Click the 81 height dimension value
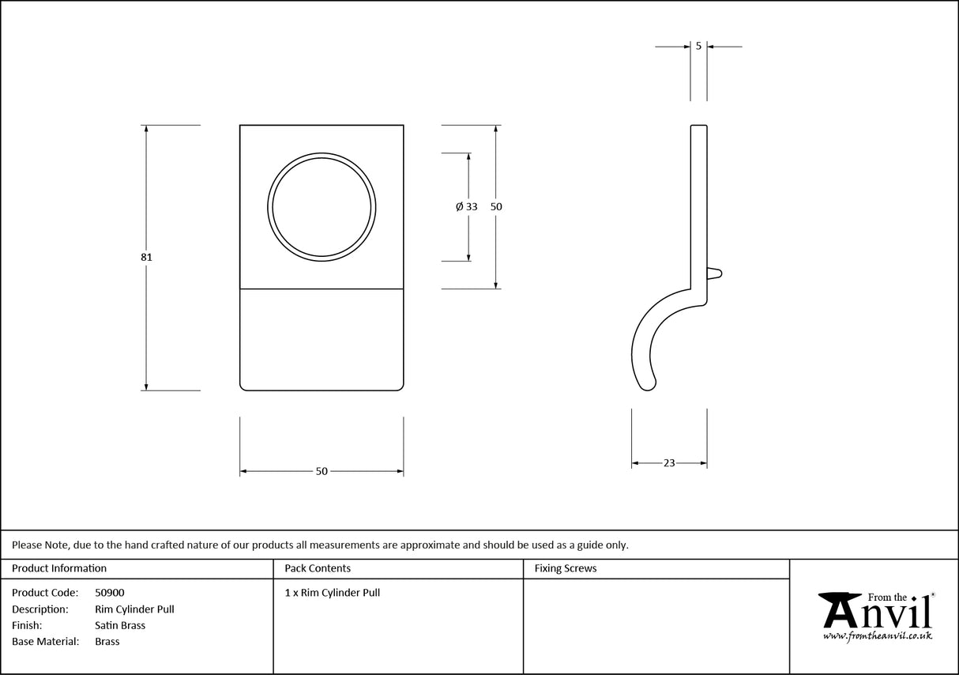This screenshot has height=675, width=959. point(147,257)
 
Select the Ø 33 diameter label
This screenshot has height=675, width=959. point(467,206)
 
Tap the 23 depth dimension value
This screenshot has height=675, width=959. point(669,463)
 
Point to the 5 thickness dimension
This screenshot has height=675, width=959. point(698,46)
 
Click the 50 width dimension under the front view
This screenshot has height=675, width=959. point(322,471)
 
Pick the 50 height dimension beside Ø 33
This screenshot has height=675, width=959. point(496,206)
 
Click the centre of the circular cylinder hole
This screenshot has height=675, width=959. point(322,206)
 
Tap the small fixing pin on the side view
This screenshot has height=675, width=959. point(714,273)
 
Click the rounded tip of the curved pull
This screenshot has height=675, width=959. point(649,385)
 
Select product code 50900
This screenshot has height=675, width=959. point(109,592)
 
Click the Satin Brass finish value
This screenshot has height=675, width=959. point(120,625)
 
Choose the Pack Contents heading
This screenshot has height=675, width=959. point(318,568)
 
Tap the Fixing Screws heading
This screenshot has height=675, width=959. point(566,568)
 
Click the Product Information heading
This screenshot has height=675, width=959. point(59,568)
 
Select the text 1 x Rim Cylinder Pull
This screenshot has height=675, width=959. point(333,592)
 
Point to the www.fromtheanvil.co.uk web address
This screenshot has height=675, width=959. point(877,635)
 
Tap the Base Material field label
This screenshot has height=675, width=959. point(46,641)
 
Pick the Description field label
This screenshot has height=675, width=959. point(40,609)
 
